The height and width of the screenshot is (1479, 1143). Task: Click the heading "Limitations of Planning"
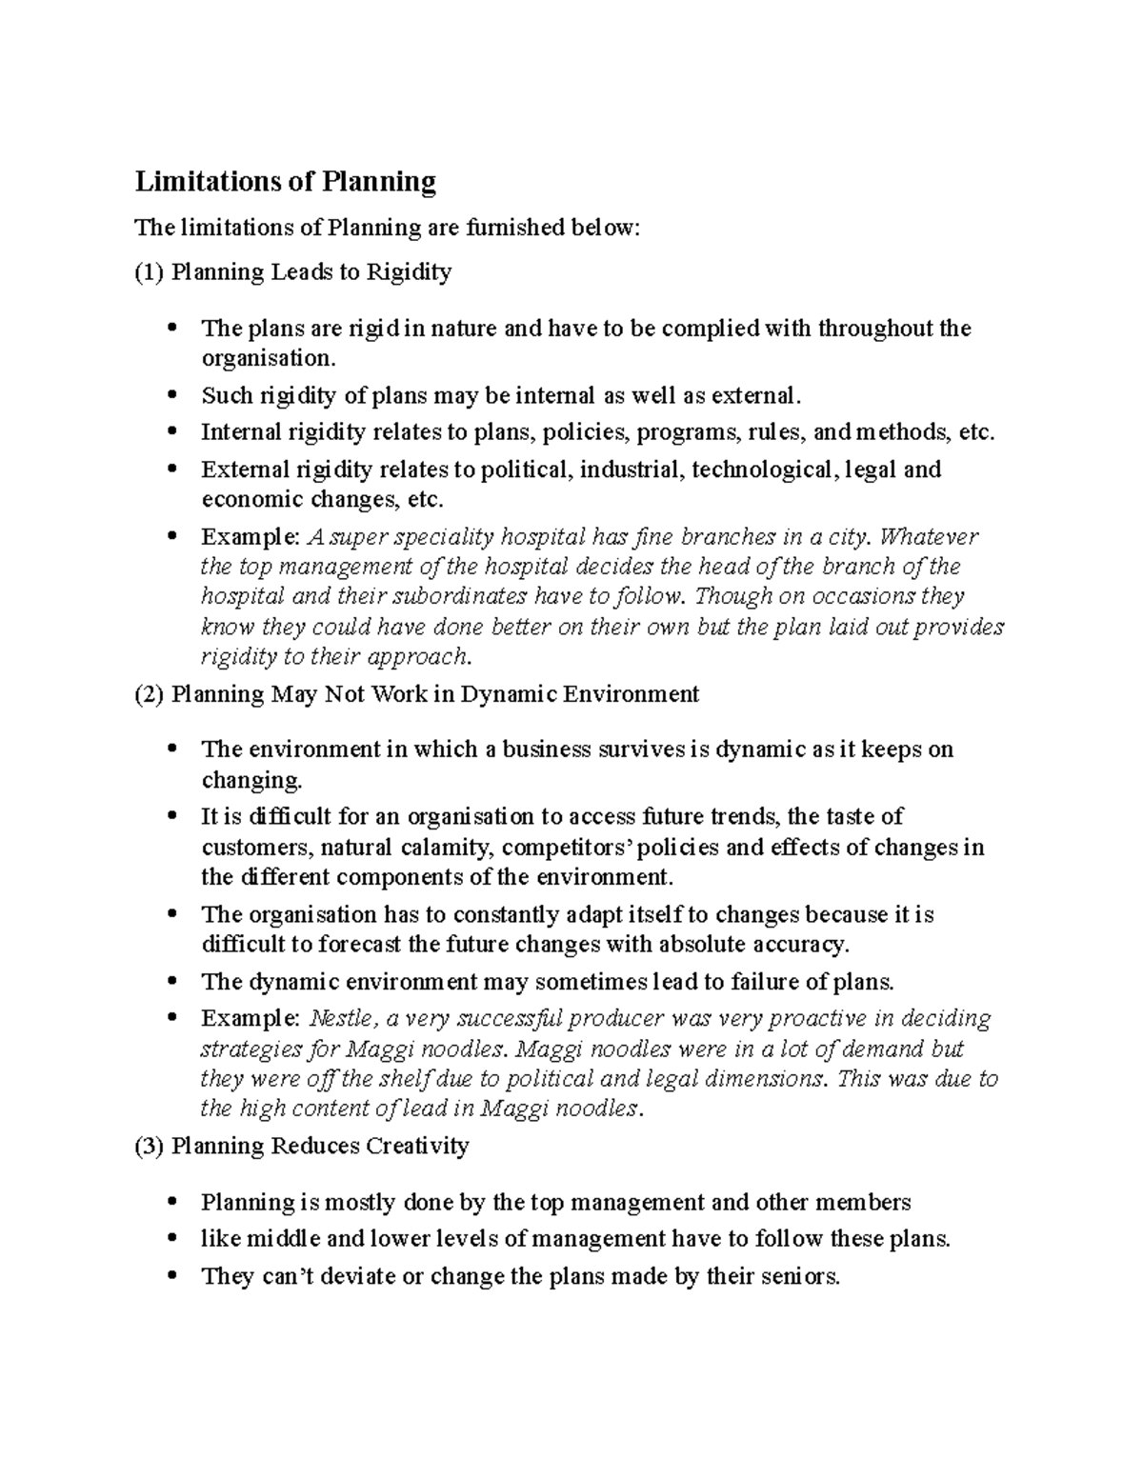[x=285, y=181]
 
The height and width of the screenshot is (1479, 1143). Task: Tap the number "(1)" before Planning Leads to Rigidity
[x=150, y=272]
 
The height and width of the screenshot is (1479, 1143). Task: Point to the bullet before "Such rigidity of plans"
[x=172, y=394]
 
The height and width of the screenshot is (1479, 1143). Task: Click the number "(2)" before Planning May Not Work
[x=150, y=694]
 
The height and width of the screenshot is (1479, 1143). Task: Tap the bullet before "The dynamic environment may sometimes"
[x=172, y=982]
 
